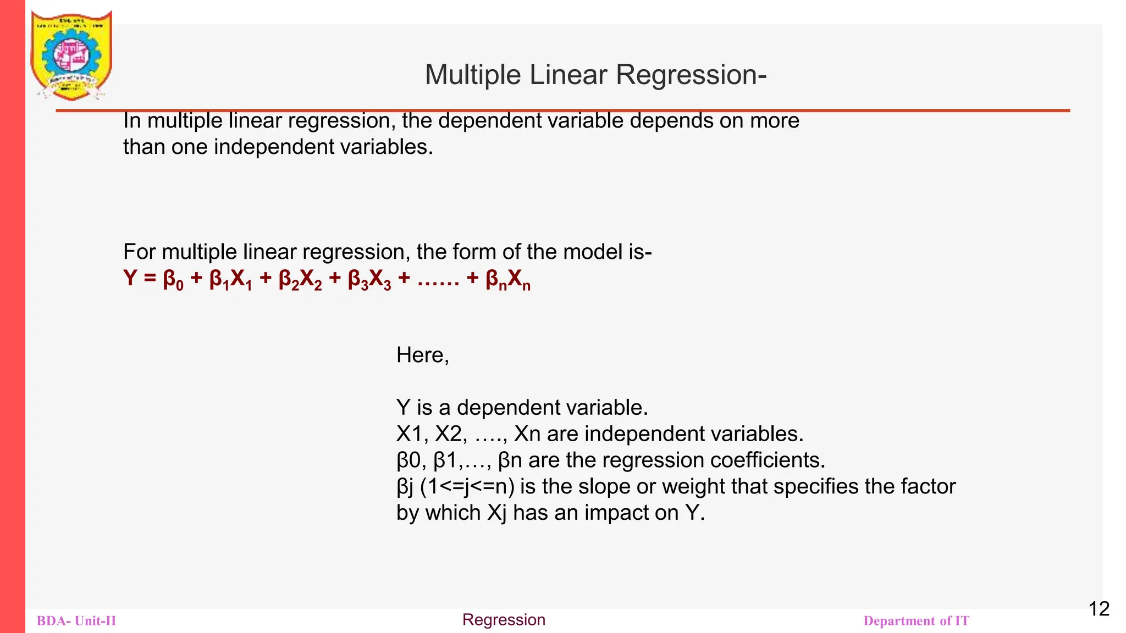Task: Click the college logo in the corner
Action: tap(71, 55)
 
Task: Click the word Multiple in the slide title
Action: tap(472, 75)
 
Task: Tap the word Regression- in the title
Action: tap(691, 75)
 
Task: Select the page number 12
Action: tap(1099, 609)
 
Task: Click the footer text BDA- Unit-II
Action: tap(76, 621)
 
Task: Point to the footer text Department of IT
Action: tap(916, 621)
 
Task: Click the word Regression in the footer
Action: tap(504, 620)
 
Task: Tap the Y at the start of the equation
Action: tap(130, 279)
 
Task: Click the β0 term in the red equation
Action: tap(173, 280)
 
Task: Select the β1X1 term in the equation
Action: tap(230, 280)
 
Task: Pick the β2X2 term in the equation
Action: tap(300, 280)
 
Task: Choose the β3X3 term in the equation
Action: tap(369, 280)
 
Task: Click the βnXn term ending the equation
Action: tap(508, 280)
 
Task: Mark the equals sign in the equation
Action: tap(150, 279)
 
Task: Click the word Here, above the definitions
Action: tap(422, 355)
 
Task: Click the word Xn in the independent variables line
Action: tap(527, 434)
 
